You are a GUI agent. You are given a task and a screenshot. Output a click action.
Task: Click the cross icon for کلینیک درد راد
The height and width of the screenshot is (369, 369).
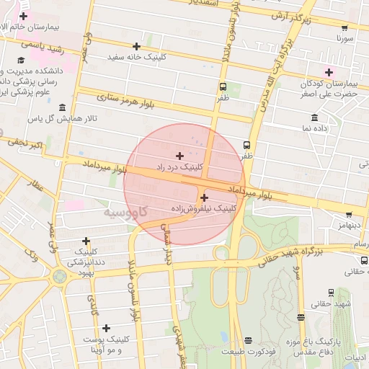click(x=179, y=156)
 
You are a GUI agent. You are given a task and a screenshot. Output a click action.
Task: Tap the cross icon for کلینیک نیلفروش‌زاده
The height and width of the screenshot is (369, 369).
click(x=204, y=197)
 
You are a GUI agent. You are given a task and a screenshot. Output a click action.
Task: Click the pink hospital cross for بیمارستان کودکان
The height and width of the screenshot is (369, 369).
click(x=329, y=72)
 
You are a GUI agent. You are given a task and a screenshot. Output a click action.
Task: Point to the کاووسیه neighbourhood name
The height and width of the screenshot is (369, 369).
click(x=125, y=213)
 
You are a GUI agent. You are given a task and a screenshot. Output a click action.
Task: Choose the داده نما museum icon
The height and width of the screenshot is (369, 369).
click(x=314, y=117)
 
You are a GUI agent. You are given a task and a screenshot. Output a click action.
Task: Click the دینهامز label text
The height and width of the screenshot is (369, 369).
click(x=344, y=226)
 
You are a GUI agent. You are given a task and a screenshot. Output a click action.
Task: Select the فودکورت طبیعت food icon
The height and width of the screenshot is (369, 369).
click(x=249, y=340)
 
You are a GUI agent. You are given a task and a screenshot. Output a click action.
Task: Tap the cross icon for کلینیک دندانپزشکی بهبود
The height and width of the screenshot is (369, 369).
click(x=86, y=241)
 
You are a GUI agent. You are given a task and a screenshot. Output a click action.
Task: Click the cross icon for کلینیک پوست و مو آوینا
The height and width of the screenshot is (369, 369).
click(x=107, y=328)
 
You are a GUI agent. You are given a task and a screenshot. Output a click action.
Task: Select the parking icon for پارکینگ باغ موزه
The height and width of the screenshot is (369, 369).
click(x=301, y=316)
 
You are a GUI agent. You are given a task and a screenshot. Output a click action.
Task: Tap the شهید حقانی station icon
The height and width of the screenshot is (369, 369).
click(x=331, y=293)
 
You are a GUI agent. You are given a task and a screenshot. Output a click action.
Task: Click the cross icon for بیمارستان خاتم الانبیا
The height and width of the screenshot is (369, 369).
click(x=24, y=16)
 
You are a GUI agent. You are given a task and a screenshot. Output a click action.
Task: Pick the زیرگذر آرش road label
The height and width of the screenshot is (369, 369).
click(x=288, y=16)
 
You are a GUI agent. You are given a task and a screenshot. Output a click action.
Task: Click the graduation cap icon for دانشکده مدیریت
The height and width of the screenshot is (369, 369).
click(x=21, y=61)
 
